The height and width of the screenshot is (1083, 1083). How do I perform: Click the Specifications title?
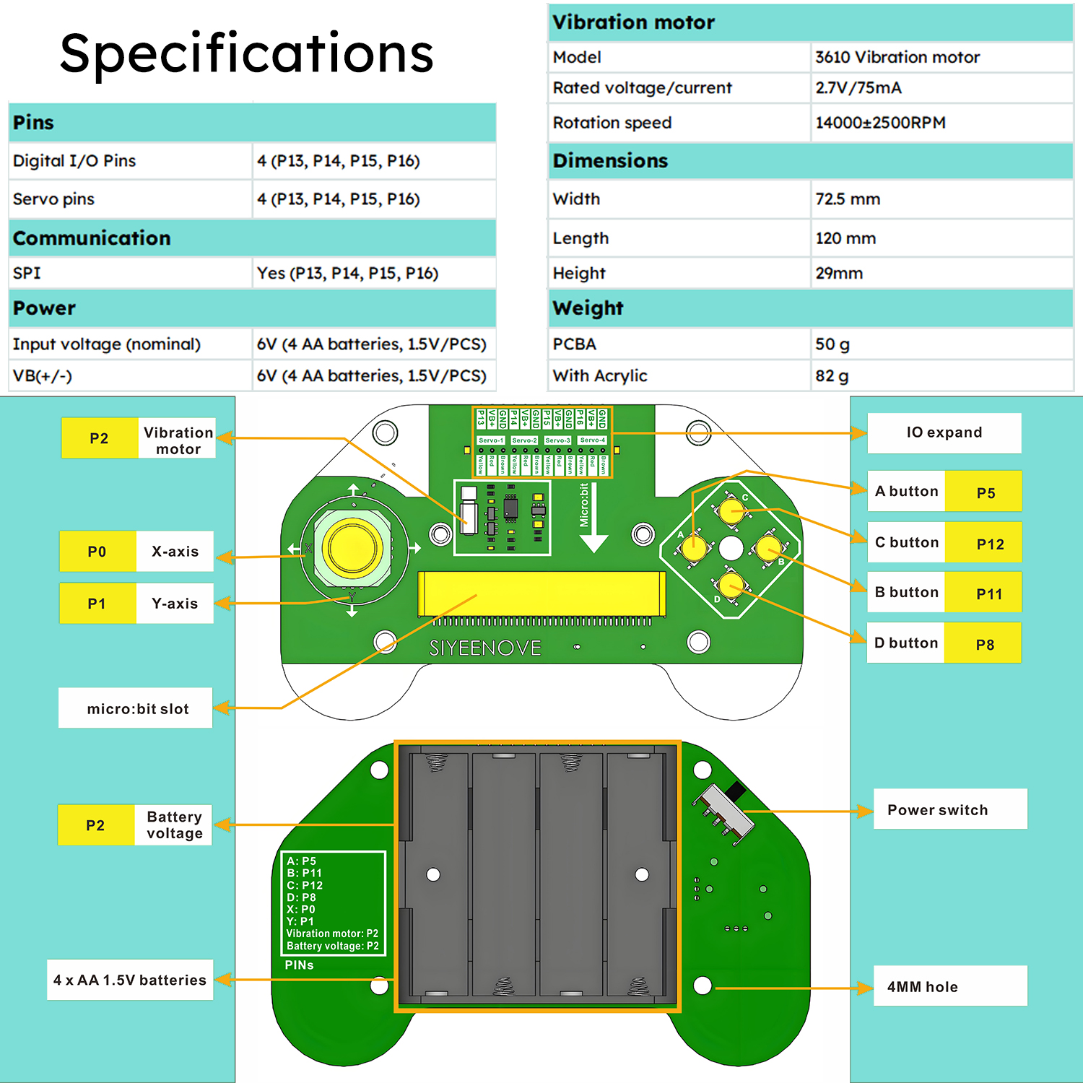click(246, 53)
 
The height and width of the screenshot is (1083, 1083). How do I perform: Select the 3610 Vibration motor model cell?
click(897, 57)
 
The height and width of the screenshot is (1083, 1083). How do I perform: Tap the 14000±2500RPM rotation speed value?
click(880, 123)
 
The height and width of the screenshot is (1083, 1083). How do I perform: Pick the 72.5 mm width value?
click(848, 199)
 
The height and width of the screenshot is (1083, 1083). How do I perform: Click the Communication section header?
click(92, 238)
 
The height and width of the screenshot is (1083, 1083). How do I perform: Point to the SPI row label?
click(27, 273)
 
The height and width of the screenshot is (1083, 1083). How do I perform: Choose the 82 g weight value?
click(832, 376)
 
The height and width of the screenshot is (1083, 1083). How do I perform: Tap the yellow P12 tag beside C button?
click(989, 544)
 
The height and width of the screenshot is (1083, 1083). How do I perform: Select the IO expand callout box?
click(944, 432)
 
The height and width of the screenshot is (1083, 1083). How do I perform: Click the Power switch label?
click(937, 810)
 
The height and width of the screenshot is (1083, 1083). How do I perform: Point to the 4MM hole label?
click(923, 987)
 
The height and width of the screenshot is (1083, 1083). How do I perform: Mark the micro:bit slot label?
click(137, 709)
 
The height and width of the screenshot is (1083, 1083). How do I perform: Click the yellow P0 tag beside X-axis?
click(97, 552)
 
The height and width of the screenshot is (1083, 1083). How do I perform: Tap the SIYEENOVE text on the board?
click(485, 648)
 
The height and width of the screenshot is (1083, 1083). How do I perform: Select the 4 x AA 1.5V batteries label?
click(130, 980)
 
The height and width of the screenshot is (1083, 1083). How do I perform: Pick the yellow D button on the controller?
click(731, 583)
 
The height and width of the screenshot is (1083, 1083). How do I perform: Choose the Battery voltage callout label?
click(174, 825)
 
